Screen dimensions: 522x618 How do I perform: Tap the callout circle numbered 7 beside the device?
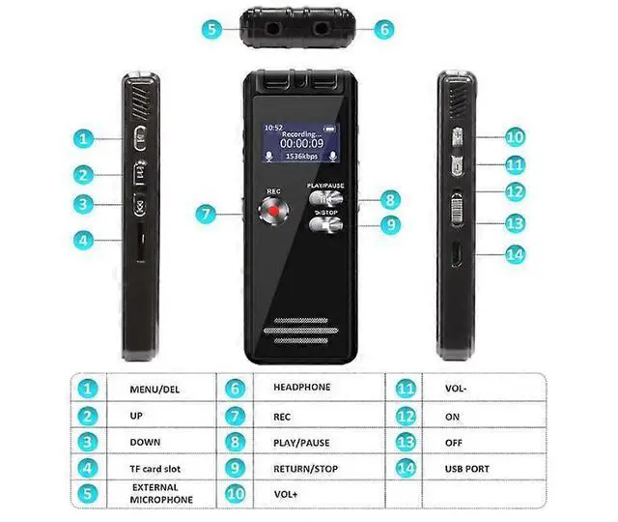pyautogui.click(x=205, y=214)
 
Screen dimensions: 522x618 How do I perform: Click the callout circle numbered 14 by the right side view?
pyautogui.click(x=515, y=254)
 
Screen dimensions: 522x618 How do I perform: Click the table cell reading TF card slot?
pyautogui.click(x=156, y=469)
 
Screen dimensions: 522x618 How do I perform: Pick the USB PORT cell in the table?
pyautogui.click(x=468, y=469)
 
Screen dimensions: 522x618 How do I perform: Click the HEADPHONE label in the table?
pyautogui.click(x=301, y=388)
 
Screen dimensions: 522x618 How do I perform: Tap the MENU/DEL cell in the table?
pyautogui.click(x=154, y=389)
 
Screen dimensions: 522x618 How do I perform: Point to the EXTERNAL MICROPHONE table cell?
pyautogui.click(x=155, y=493)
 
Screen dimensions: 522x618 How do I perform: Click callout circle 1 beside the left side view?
pyautogui.click(x=87, y=138)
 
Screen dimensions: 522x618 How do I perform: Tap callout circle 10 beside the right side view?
pyautogui.click(x=515, y=137)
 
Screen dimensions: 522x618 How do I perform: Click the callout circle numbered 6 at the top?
pyautogui.click(x=384, y=29)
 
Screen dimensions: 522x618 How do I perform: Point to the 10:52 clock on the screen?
pyautogui.click(x=274, y=127)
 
